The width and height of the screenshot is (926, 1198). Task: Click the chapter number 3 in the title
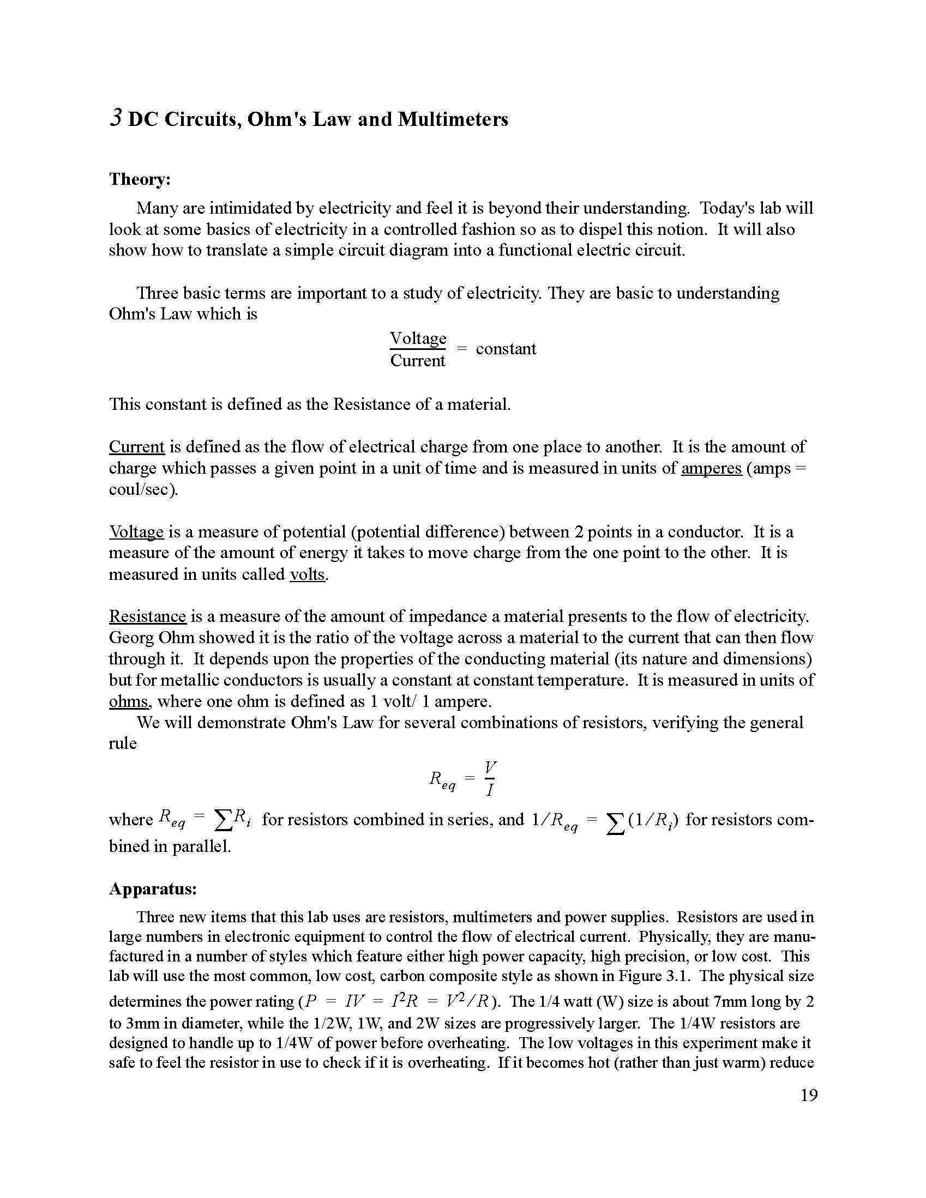tap(115, 118)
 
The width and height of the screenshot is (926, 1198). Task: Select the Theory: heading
tap(140, 179)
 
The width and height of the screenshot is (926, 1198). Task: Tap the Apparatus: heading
tap(153, 888)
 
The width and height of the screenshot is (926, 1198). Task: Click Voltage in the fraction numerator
tap(418, 338)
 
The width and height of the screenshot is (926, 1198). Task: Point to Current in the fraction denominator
tap(418, 360)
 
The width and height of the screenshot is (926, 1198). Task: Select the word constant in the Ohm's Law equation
tap(506, 349)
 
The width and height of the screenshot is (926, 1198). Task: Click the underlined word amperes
tap(711, 468)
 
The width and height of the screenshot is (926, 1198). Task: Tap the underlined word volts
tap(308, 574)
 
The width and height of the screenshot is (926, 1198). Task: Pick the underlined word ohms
tap(129, 701)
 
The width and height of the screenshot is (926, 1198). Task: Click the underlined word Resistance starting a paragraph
tap(148, 616)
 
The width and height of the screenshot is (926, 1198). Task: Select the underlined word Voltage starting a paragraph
tap(136, 531)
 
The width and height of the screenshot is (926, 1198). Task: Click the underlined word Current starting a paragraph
tap(137, 446)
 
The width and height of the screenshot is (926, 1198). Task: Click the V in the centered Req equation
tap(490, 766)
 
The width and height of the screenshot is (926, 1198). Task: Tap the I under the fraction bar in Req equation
tap(490, 790)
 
